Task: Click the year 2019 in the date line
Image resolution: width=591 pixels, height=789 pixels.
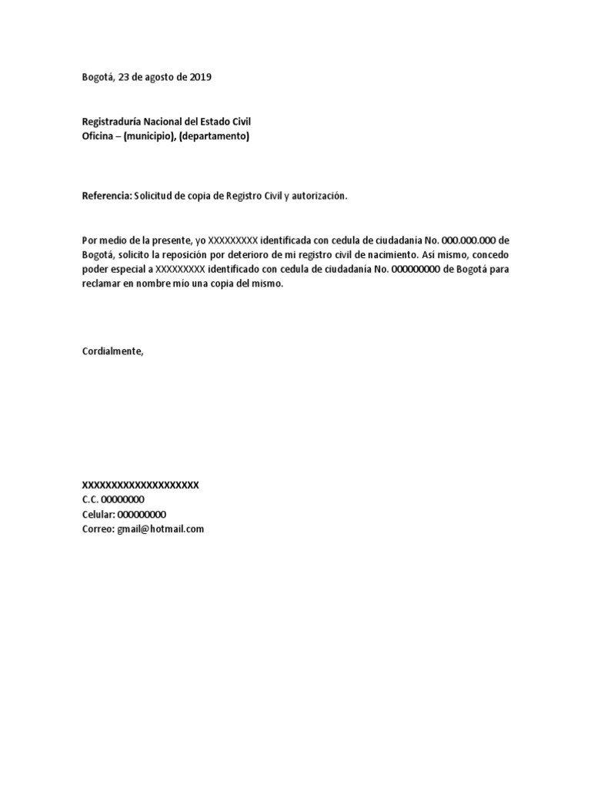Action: [x=199, y=77]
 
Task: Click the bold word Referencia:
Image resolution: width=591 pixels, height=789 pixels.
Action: [x=107, y=196]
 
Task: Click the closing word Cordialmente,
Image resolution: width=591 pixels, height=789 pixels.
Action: [x=112, y=351]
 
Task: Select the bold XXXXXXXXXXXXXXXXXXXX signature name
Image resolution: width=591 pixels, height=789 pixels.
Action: [x=140, y=485]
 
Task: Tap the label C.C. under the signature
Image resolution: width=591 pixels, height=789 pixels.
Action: [x=90, y=499]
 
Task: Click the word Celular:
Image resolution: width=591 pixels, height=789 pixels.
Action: [x=98, y=514]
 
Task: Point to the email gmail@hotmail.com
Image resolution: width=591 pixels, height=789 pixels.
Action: [x=160, y=529]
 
